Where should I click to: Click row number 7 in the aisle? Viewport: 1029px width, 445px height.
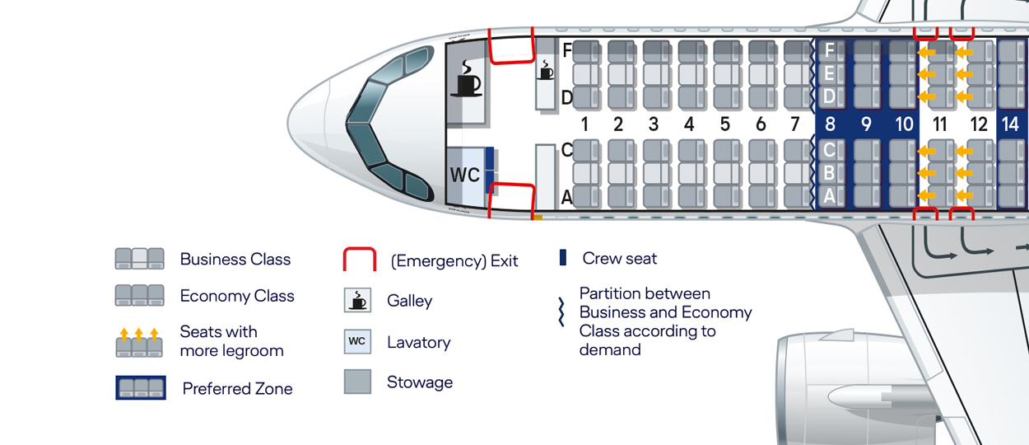[x=794, y=125]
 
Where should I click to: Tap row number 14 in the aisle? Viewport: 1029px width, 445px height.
[x=1010, y=124]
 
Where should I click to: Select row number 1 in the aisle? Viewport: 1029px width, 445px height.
[x=584, y=125]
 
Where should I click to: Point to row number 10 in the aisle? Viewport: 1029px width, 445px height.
[x=904, y=124]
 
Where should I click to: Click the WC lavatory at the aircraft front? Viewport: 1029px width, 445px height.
[x=465, y=176]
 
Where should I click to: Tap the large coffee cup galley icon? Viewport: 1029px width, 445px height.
[x=467, y=78]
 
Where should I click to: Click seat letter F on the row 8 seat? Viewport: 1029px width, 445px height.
[x=829, y=51]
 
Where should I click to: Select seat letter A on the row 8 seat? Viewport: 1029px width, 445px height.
[x=829, y=195]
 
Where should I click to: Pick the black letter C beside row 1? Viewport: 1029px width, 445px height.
[x=566, y=150]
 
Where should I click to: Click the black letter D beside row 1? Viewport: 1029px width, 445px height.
[x=566, y=98]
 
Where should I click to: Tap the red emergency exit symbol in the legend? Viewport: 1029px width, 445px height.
[x=360, y=260]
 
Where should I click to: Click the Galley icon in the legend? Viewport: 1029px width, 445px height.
[x=357, y=300]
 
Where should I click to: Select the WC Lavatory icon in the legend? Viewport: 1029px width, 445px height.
[x=357, y=341]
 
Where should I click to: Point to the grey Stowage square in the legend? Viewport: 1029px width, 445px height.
[x=357, y=382]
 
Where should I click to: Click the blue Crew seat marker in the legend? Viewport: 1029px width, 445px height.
[x=563, y=258]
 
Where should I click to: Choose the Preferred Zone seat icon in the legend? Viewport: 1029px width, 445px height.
[x=141, y=387]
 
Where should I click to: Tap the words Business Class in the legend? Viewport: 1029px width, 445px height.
[x=235, y=260]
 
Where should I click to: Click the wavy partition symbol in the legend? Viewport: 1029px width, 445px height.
[x=561, y=312]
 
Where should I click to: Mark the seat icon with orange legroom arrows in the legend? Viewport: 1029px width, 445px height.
[x=139, y=342]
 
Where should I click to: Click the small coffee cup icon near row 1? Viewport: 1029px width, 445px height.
[x=546, y=71]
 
